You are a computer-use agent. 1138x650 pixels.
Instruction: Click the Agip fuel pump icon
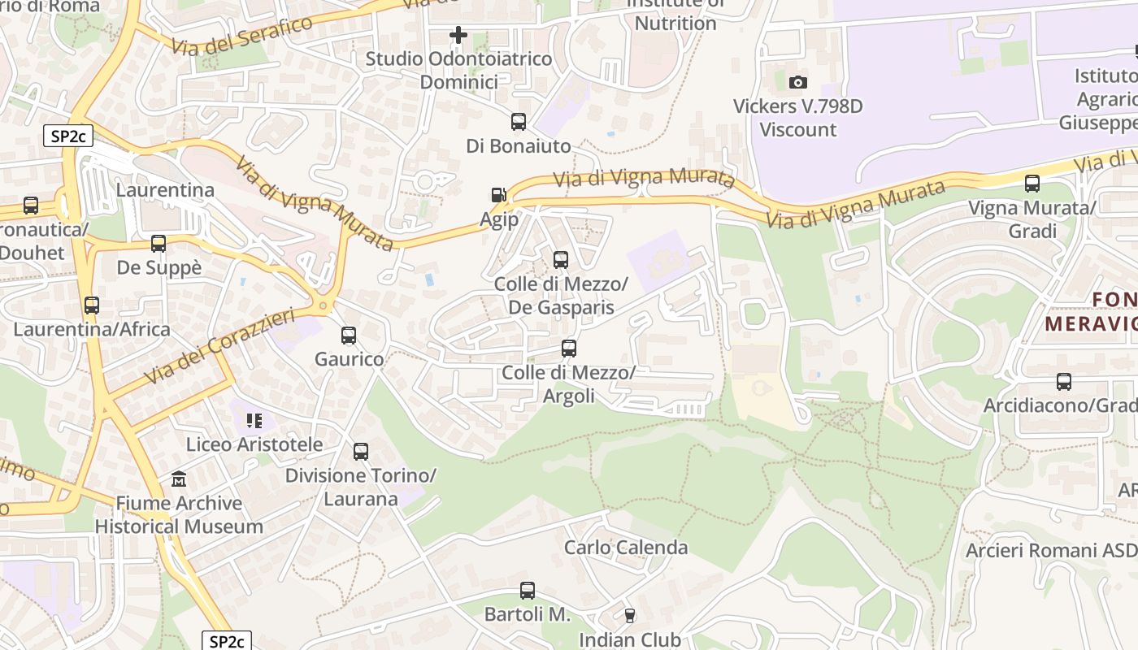[x=498, y=195]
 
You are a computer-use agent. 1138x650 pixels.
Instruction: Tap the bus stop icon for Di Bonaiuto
[x=519, y=122]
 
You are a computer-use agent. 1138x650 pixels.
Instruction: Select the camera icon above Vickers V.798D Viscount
[x=798, y=82]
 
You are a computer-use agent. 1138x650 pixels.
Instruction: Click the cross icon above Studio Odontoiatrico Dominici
[x=458, y=35]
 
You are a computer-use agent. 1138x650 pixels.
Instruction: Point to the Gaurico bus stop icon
[x=349, y=335]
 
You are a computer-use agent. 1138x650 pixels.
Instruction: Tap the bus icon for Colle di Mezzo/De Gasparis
[x=561, y=260]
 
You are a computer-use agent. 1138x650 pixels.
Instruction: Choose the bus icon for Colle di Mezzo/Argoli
[x=569, y=349]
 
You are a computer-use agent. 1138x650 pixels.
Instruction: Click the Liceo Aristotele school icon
[x=254, y=421]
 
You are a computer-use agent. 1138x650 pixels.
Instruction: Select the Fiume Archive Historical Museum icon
[x=179, y=479]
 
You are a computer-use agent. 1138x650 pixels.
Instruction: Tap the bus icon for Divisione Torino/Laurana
[x=361, y=452]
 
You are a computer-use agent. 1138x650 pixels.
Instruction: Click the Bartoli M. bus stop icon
[x=528, y=591]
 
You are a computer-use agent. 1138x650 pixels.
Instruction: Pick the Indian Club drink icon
[x=629, y=616]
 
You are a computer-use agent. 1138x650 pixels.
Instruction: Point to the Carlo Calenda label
[x=626, y=548]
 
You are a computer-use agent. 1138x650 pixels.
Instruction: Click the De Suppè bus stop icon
[x=159, y=244]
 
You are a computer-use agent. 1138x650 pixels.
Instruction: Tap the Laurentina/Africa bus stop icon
[x=92, y=305]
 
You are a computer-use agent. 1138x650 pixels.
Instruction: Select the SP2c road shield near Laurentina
[x=68, y=136]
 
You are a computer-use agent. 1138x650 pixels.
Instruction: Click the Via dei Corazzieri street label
[x=219, y=348]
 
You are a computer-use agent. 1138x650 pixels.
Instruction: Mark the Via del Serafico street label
[x=242, y=35]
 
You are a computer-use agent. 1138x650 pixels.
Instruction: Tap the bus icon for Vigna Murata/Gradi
[x=1032, y=184]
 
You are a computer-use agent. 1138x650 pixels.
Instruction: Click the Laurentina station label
[x=165, y=190]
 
